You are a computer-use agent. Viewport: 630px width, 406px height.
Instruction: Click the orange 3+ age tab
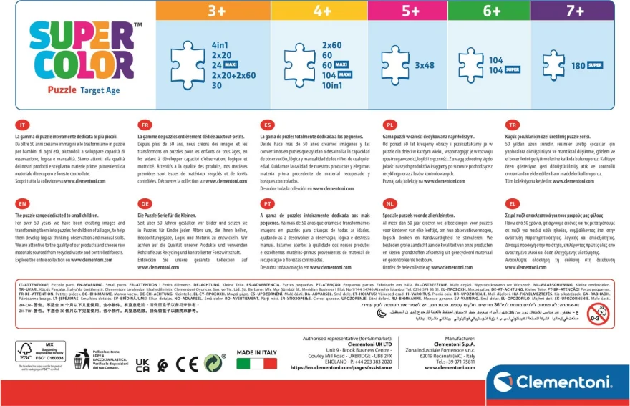[x=214, y=11]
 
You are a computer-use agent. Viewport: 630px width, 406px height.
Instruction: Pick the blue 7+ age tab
[x=574, y=11]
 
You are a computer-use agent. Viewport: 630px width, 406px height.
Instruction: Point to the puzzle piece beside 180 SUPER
[x=553, y=65]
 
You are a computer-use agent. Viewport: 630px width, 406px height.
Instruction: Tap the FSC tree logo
[x=26, y=353]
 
